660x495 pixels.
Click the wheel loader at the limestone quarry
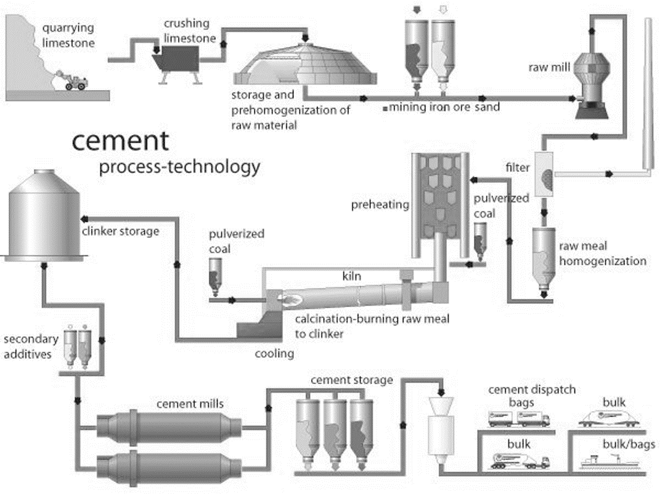75,81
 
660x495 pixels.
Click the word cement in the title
120,141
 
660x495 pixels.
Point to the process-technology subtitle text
179,167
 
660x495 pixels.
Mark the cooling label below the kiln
275,354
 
